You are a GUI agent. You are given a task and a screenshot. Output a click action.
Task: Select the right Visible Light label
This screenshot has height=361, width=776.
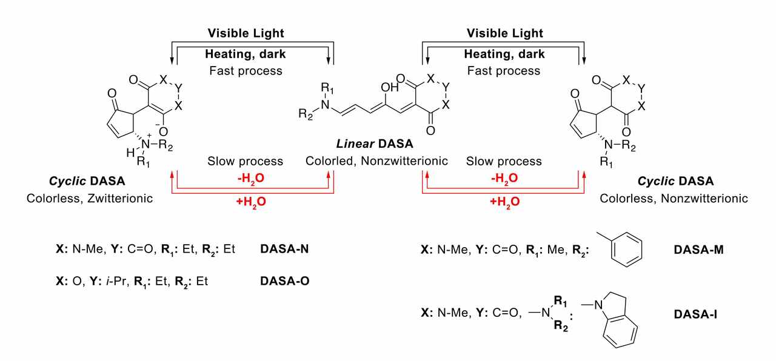(x=504, y=33)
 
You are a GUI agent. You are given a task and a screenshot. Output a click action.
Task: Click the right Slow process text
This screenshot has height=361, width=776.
(x=504, y=162)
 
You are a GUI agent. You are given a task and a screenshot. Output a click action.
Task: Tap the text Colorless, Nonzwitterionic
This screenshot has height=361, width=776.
(x=674, y=198)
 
